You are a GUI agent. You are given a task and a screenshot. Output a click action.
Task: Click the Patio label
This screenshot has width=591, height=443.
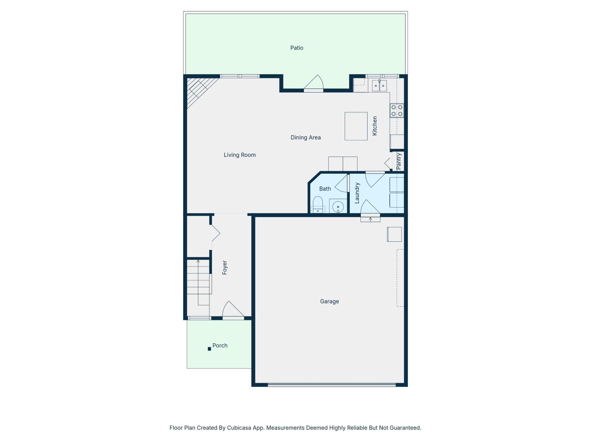(x=297, y=48)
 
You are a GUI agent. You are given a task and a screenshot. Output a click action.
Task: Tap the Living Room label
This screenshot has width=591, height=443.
(x=240, y=155)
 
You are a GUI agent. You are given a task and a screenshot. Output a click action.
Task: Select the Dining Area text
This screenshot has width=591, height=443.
(x=305, y=137)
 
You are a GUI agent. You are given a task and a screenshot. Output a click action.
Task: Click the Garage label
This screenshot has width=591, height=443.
(x=329, y=301)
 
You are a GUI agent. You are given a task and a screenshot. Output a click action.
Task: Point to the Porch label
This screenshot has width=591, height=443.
(x=220, y=346)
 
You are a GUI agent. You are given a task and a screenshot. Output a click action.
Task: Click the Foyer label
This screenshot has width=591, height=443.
(x=225, y=268)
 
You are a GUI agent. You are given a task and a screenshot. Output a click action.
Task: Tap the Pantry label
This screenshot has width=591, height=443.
(x=399, y=162)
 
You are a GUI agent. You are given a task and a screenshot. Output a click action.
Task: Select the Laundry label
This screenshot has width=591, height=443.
(x=357, y=193)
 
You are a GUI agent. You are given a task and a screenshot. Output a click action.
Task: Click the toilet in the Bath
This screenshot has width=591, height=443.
(x=318, y=205)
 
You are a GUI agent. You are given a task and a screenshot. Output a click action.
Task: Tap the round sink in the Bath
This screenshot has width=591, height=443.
(x=338, y=207)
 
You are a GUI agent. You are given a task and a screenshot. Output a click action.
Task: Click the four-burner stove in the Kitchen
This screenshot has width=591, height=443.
(x=397, y=110)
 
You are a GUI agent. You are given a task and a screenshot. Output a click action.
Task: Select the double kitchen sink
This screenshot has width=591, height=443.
(x=379, y=86)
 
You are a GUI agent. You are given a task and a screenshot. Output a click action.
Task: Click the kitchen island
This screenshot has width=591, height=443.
(x=356, y=126)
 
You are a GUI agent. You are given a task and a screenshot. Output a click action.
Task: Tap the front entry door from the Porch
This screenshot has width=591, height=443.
(x=233, y=311)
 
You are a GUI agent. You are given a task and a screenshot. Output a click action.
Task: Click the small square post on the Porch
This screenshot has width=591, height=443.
(x=209, y=349)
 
